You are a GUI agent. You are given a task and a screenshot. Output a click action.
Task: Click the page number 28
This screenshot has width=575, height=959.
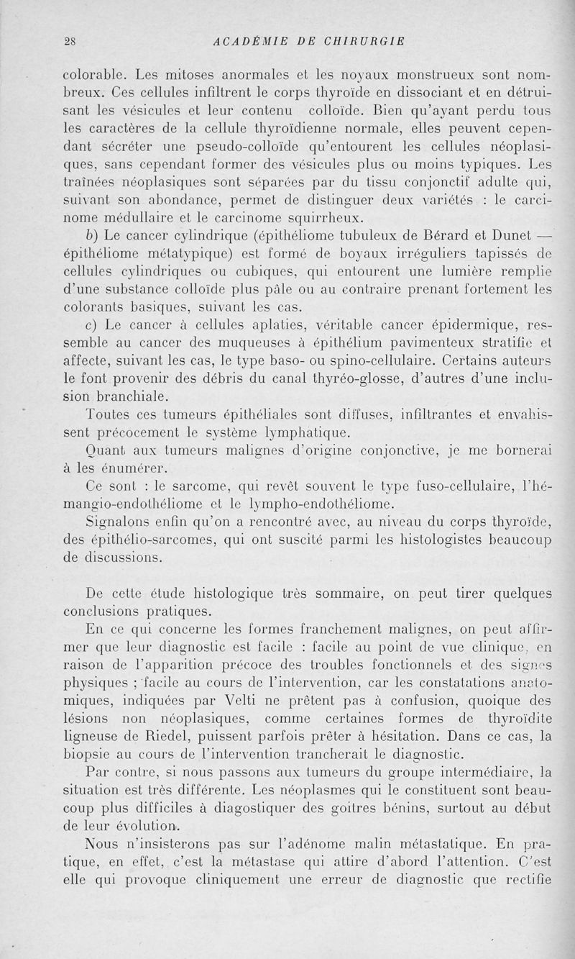[x=70, y=40]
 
